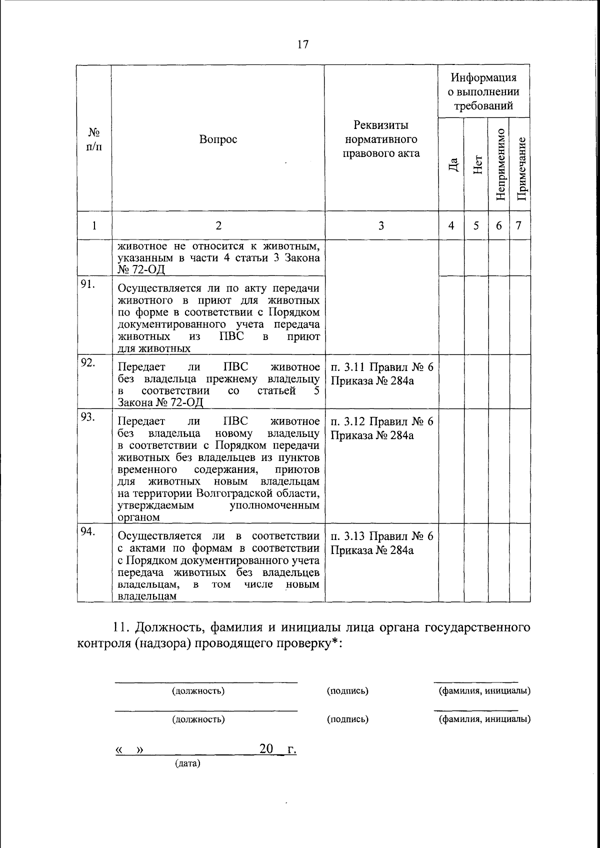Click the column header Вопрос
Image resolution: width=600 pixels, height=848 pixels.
point(218,139)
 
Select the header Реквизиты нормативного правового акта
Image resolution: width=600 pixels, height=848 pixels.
point(381,139)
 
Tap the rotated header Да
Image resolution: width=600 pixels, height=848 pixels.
point(452,165)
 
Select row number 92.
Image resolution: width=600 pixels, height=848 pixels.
point(88,363)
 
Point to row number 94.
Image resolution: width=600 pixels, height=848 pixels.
point(88,531)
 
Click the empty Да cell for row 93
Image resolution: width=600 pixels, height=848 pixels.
point(451,466)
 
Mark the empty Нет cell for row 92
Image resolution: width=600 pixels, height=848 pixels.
point(476,382)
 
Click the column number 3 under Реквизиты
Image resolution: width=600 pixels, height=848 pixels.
point(381,225)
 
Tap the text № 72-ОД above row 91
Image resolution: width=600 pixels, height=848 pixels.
point(141,270)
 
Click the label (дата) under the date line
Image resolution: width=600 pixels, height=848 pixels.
point(187,764)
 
